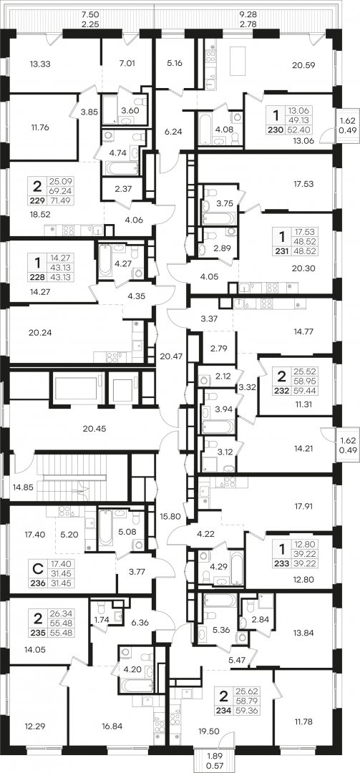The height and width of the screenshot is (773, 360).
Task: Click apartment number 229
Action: [x=37, y=200]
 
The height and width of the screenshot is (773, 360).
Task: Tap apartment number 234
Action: [x=223, y=710]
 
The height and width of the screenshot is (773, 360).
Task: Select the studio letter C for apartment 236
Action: [x=37, y=570]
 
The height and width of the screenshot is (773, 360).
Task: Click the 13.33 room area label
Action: [x=41, y=63]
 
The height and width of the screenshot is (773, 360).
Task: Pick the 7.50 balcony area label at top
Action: [x=89, y=15]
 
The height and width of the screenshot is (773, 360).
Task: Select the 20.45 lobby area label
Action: [x=95, y=429]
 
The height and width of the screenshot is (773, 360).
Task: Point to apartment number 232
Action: [x=282, y=389]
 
